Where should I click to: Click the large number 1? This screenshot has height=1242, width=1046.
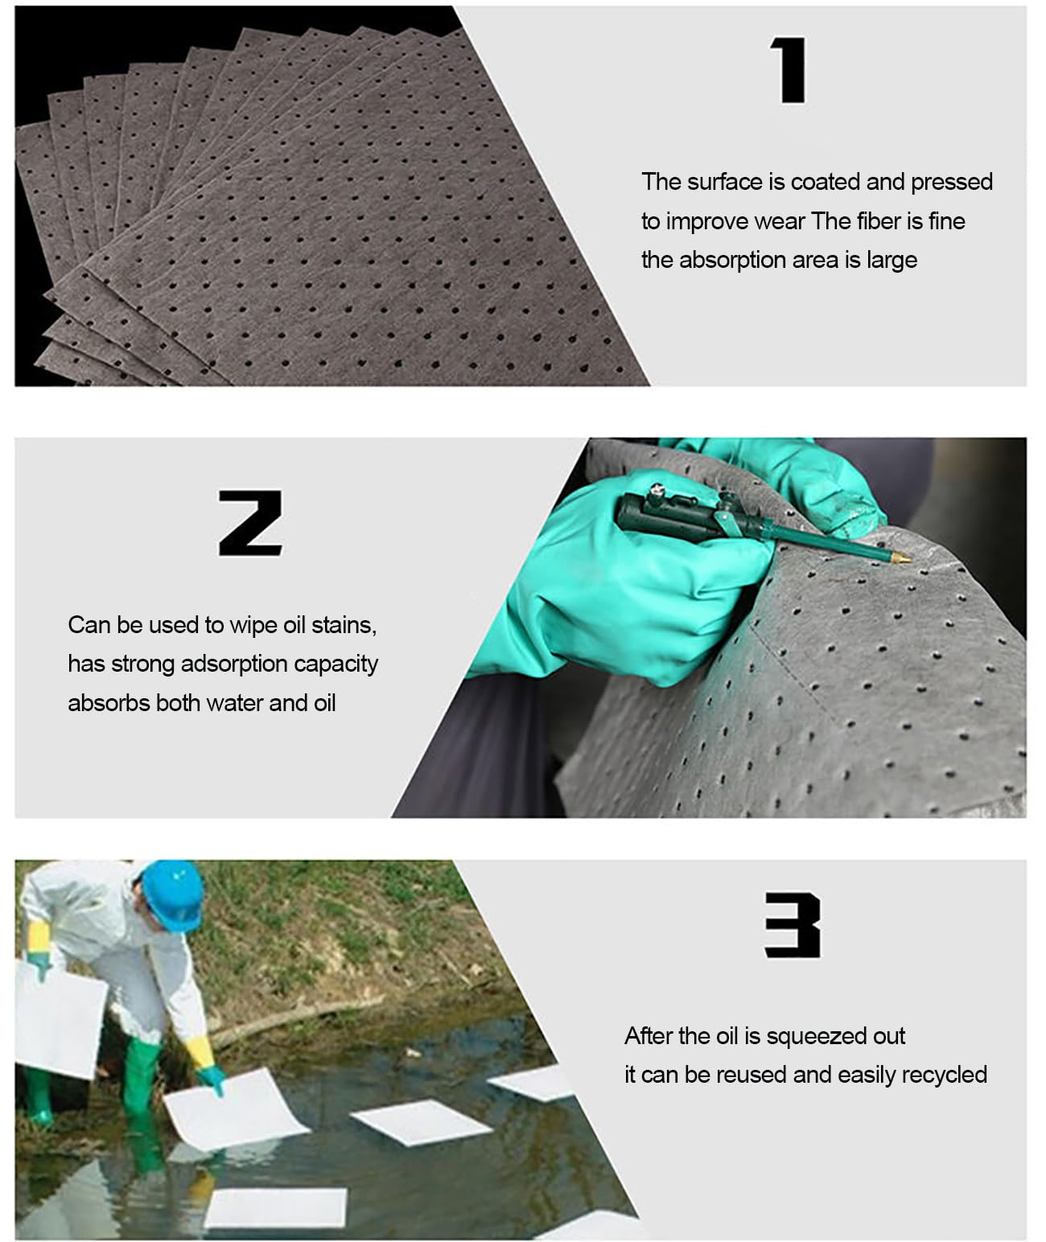tap(789, 70)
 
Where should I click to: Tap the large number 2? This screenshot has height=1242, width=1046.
tap(250, 524)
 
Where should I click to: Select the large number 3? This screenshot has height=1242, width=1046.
tap(793, 925)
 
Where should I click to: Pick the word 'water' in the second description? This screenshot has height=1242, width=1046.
tap(234, 703)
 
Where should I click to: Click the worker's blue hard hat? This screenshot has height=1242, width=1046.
tap(173, 895)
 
